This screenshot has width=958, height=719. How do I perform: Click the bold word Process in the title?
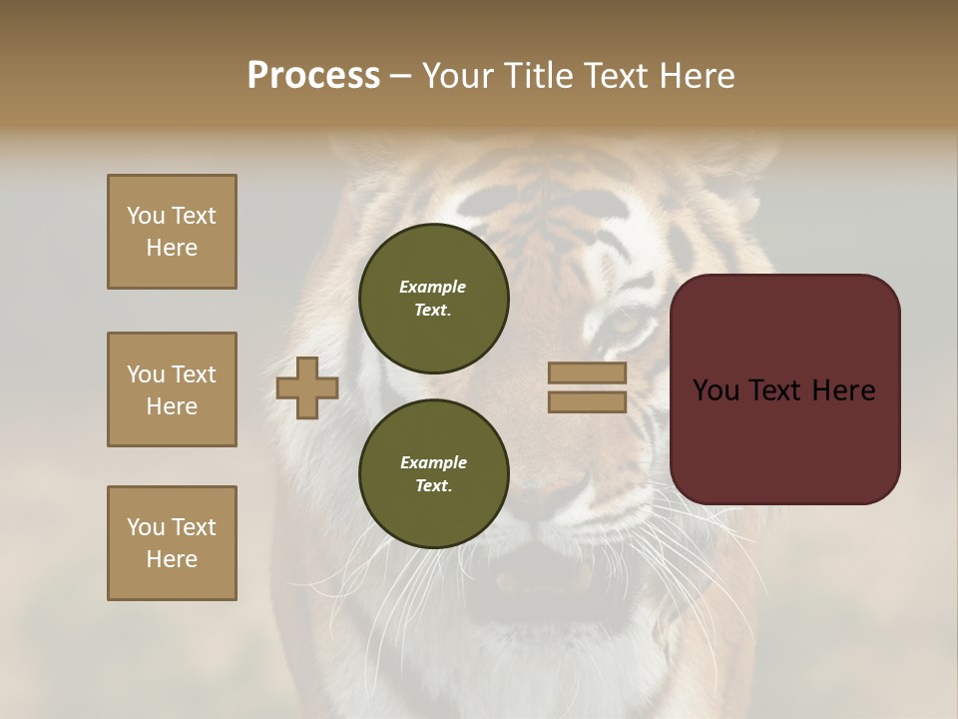313,76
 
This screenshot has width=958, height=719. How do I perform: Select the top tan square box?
172,232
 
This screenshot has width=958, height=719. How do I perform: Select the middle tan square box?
172,389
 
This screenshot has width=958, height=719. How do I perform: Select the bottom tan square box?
172,543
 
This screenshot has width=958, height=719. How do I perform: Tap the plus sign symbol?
307,387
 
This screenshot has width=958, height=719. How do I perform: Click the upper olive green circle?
433,299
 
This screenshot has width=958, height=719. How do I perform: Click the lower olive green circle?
433,474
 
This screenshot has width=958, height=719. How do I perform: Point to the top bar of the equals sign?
588,372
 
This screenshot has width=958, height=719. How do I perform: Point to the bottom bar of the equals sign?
588,401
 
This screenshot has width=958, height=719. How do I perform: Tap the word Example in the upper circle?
432,287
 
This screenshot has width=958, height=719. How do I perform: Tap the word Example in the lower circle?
433,462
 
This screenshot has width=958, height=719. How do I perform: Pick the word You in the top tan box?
145,216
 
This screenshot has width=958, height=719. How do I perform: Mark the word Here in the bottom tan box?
172,559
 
